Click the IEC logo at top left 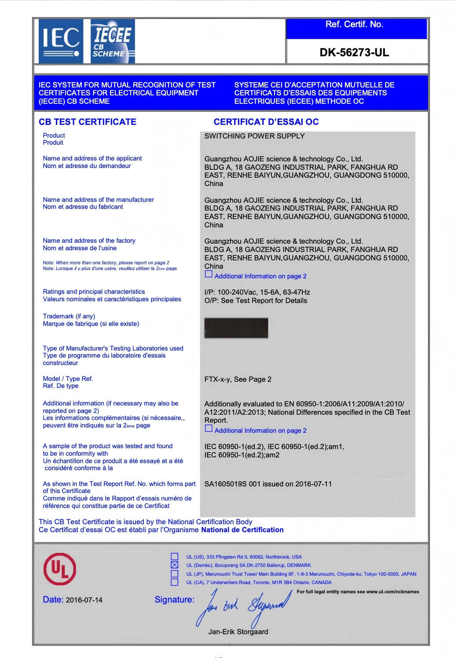[x=61, y=41]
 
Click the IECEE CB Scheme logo [x=112, y=41]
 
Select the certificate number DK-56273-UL [x=354, y=53]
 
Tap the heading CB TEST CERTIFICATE [x=88, y=122]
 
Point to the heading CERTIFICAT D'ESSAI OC [x=266, y=122]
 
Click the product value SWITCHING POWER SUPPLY [x=254, y=136]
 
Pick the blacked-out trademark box [x=236, y=328]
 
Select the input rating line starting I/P [x=257, y=292]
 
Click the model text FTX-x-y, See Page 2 [x=238, y=379]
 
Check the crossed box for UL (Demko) [x=175, y=565]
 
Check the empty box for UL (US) [x=175, y=556]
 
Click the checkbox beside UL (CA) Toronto [x=175, y=582]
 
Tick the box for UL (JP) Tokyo [x=175, y=574]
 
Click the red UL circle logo [x=59, y=569]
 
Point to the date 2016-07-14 [x=84, y=600]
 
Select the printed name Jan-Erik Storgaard [x=238, y=632]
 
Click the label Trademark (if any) [x=69, y=316]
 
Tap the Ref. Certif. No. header [x=354, y=25]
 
